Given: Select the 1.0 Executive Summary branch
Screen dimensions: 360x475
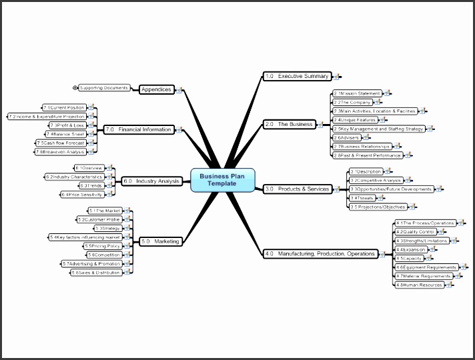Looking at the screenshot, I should (297, 77).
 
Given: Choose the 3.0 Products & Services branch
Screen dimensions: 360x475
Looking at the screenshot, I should (297, 189).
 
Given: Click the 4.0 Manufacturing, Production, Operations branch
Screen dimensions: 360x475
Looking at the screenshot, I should (320, 253).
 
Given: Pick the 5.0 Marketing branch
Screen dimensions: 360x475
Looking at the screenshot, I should (160, 241).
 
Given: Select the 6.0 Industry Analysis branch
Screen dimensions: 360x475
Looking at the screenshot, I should (151, 181).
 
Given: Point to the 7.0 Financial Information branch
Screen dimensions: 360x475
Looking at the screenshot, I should (138, 129).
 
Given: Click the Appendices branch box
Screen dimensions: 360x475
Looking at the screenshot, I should (157, 89).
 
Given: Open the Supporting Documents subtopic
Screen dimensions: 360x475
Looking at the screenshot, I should (103, 87).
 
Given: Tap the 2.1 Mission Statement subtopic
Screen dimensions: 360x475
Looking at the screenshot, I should (358, 94).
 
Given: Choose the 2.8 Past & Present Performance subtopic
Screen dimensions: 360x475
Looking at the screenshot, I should (368, 155).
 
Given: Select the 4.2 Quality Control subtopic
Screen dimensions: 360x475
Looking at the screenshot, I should (415, 231).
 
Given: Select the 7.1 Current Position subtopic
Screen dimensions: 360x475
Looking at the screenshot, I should (64, 107).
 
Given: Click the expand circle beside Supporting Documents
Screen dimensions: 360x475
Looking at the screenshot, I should (75, 87).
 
